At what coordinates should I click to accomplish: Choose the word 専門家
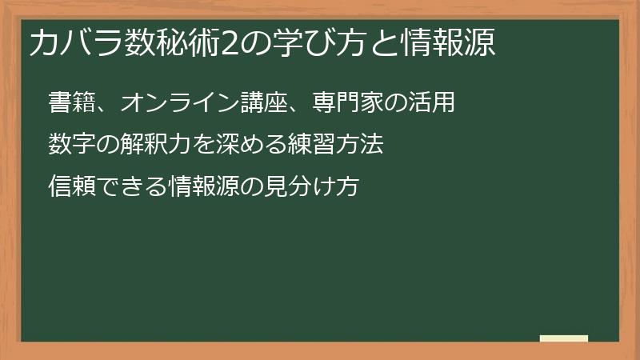click(x=330, y=102)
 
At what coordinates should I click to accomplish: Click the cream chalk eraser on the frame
click(x=564, y=338)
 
